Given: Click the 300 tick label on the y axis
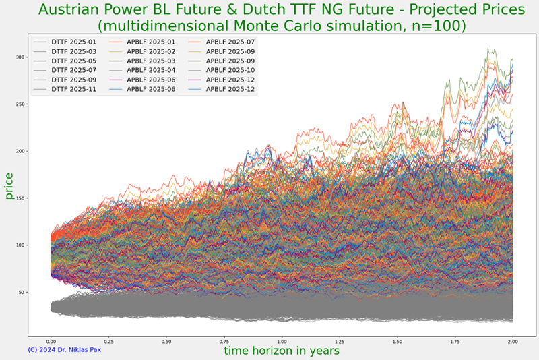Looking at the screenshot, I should pos(20,57).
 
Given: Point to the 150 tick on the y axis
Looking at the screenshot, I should pos(20,198).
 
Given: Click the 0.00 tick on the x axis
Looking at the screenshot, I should pos(51,342).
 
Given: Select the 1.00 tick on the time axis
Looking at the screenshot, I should pos(282,342).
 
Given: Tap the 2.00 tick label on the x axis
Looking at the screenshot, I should pos(513,342).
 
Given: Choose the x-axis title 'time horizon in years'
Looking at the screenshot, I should pos(282,351).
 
